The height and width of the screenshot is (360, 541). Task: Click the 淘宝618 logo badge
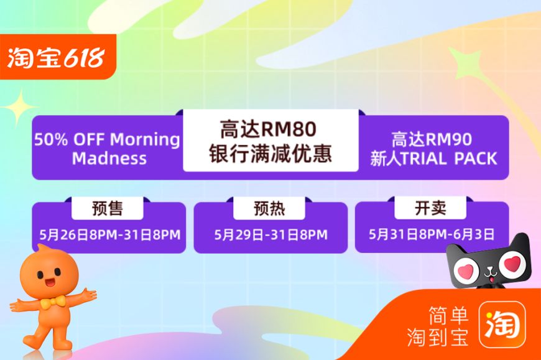[58, 57]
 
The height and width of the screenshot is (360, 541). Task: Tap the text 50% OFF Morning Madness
[108, 149]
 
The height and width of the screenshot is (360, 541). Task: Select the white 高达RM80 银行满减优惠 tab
[271, 141]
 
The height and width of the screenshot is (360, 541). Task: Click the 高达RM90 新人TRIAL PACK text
[433, 149]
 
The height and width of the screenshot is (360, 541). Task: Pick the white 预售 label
[108, 208]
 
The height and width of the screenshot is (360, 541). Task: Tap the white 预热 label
[269, 208]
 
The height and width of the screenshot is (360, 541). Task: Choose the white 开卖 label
[430, 208]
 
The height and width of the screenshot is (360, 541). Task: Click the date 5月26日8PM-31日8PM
[109, 235]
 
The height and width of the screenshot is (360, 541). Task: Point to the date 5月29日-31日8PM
[271, 235]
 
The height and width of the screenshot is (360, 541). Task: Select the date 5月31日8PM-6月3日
[432, 234]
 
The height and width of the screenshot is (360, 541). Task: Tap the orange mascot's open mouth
[50, 283]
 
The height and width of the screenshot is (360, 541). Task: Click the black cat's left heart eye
[465, 270]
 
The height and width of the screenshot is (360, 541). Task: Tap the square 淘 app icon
[502, 325]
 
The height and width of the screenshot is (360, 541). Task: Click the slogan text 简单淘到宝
[438, 326]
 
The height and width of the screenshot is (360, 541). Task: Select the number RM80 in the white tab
[289, 129]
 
